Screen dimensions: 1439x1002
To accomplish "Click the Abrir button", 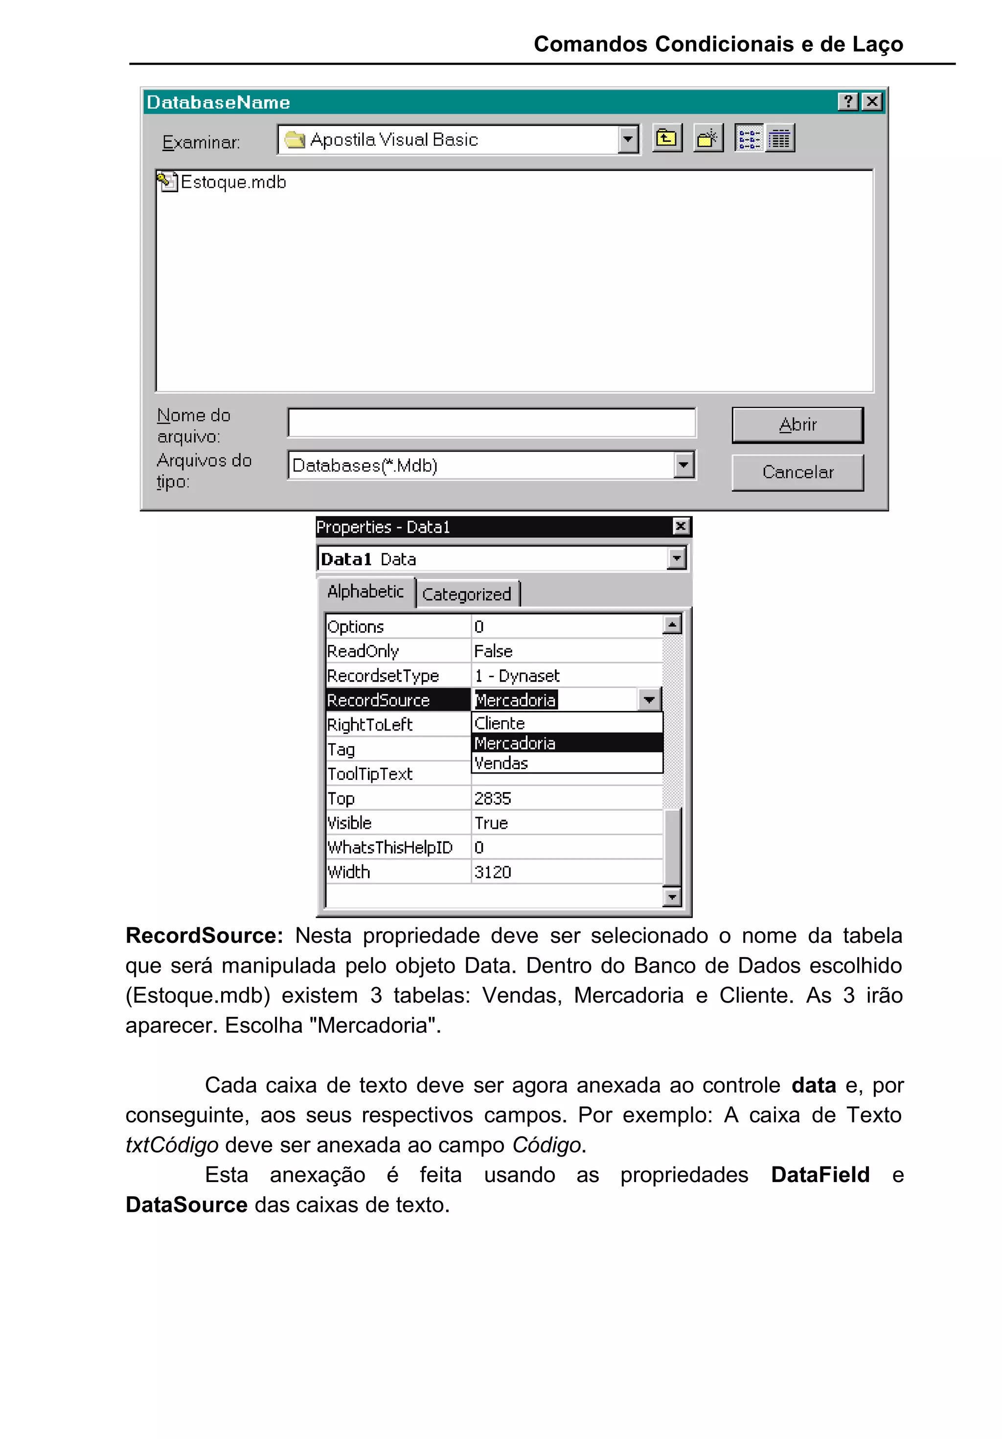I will click(797, 424).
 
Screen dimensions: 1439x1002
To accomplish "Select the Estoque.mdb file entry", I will click(232, 183).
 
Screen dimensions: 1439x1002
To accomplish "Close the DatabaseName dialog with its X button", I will click(871, 102).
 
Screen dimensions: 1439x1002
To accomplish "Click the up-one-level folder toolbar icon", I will click(666, 138).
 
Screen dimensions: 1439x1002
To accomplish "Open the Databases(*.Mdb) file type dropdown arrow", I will click(683, 465).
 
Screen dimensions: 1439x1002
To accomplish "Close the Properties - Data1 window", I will click(681, 526).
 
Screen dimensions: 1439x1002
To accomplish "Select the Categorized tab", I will click(466, 594).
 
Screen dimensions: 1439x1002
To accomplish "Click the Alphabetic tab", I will click(365, 592).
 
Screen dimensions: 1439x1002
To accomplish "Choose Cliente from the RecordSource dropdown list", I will click(500, 723).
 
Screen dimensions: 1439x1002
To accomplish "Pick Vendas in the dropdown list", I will click(501, 763).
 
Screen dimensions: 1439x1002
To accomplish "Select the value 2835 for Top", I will click(493, 798).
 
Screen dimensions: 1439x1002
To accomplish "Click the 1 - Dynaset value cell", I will click(516, 676).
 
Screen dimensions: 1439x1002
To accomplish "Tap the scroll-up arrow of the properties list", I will click(671, 624).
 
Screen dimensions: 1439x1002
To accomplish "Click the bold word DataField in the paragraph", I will click(819, 1174).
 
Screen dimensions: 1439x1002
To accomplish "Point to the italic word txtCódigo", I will click(172, 1144).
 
